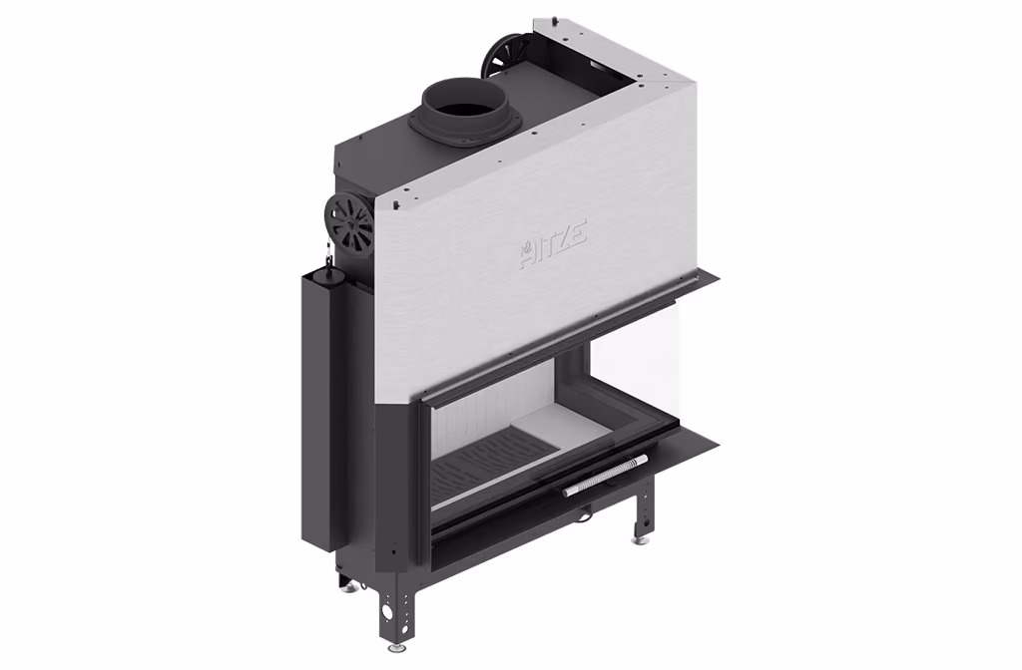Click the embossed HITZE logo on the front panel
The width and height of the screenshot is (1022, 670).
click(553, 245)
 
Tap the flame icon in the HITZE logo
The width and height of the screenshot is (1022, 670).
click(526, 251)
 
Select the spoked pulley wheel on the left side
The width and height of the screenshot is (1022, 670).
click(350, 225)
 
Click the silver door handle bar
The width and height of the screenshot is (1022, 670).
click(606, 476)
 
